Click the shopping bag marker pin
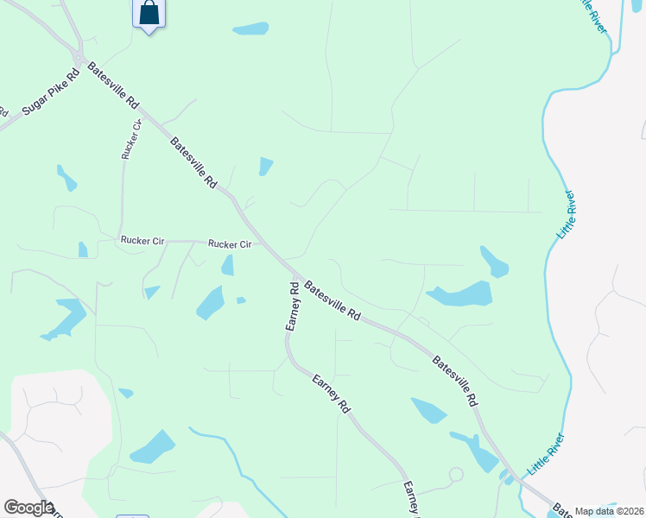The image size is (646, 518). click(x=149, y=14)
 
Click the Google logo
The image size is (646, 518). click(x=28, y=508)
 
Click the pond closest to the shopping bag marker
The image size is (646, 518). click(x=250, y=29)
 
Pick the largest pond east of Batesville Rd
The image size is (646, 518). click(x=459, y=294)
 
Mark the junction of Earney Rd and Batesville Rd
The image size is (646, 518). click(x=292, y=278)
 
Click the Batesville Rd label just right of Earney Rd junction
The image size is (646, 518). click(x=332, y=301)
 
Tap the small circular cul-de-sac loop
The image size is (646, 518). click(x=455, y=474)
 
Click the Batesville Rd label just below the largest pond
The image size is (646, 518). click(x=454, y=382)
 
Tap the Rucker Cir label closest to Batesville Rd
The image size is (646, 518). click(x=230, y=244)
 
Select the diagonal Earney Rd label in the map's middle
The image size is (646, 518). click(x=331, y=393)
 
